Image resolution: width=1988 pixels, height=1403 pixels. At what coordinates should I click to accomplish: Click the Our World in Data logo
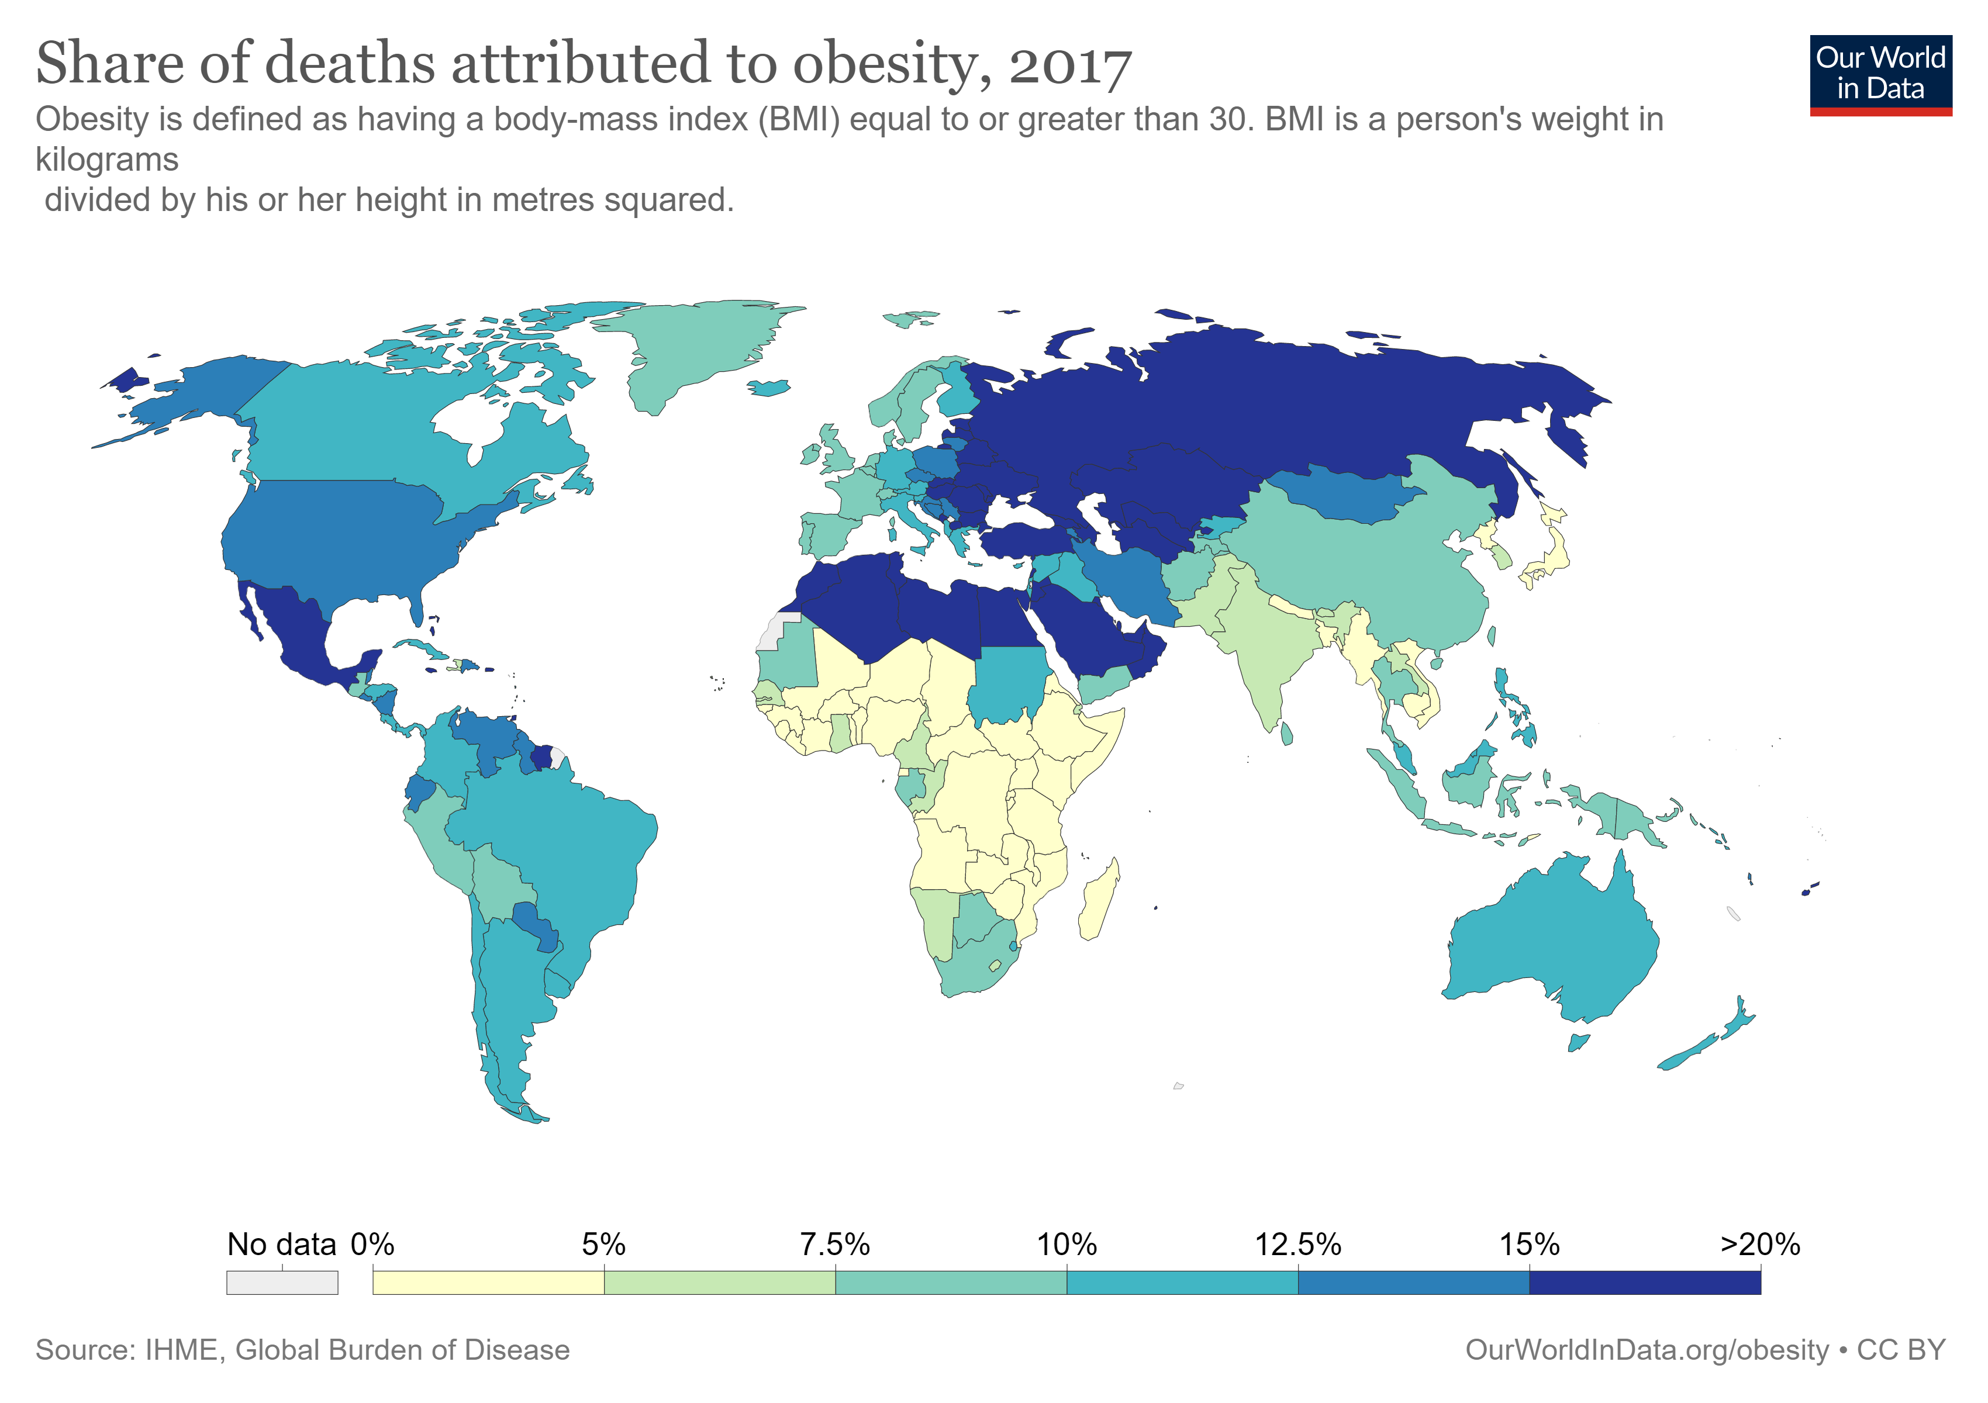pyautogui.click(x=1880, y=74)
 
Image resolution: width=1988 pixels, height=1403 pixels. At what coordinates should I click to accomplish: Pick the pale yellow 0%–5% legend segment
pyautogui.click(x=488, y=1282)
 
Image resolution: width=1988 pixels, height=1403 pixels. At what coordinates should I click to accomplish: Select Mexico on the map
pyautogui.click(x=299, y=632)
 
